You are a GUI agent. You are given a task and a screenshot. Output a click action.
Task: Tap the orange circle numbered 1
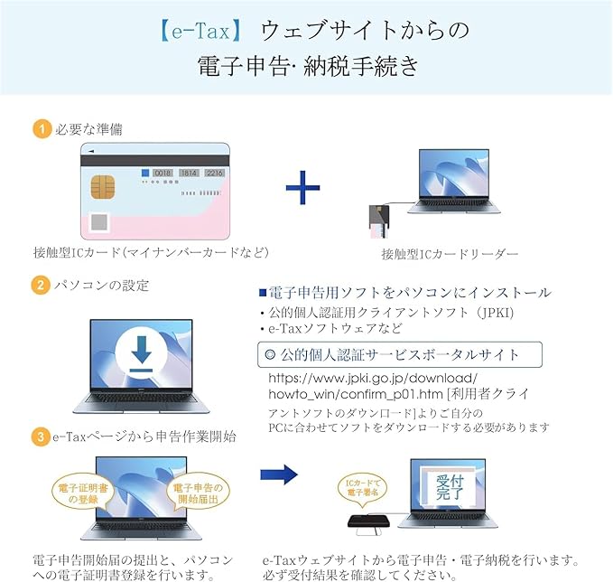40,129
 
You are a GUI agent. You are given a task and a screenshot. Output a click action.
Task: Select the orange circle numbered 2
40,286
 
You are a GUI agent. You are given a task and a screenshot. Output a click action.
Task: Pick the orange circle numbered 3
40,436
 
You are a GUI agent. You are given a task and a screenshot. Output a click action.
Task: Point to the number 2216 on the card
213,172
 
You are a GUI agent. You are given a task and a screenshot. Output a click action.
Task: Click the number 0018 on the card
163,172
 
